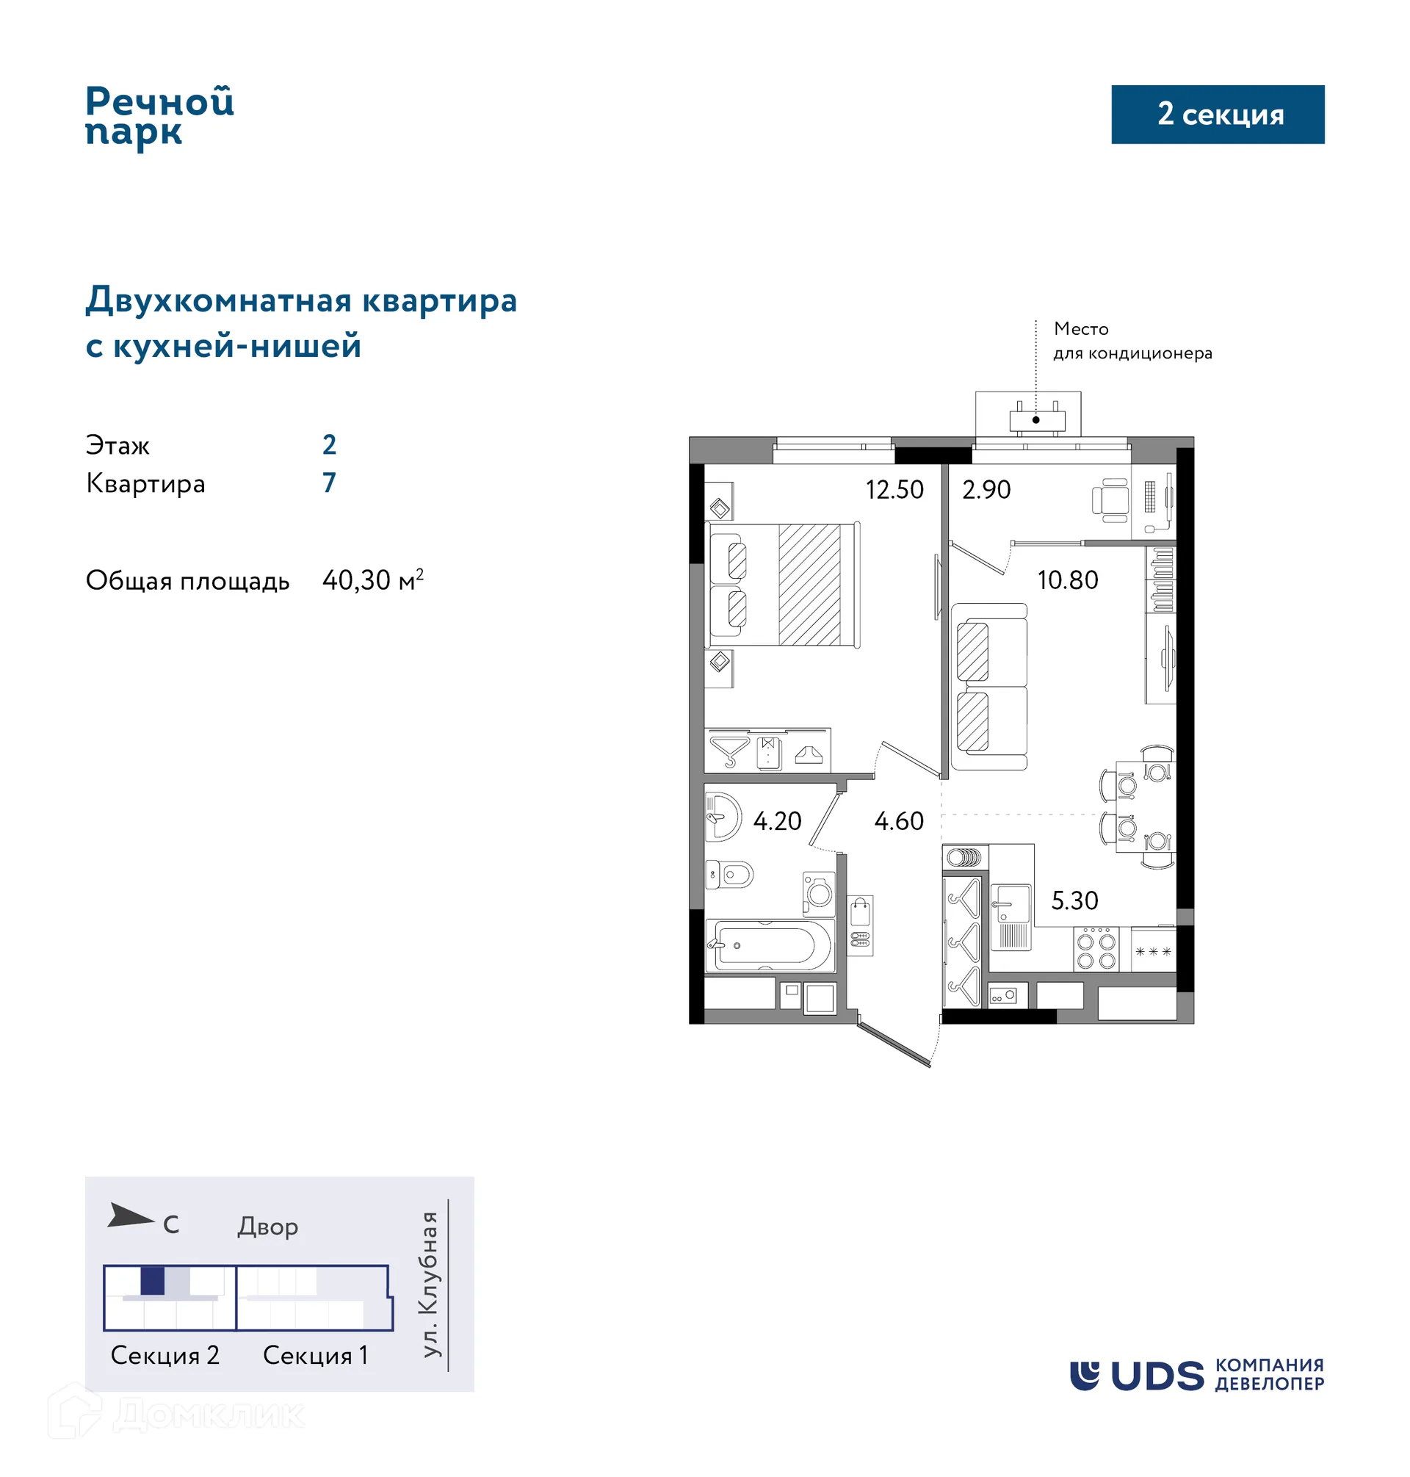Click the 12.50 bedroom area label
pyautogui.click(x=894, y=490)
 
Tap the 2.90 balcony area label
pyautogui.click(x=986, y=490)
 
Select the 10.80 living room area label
pyautogui.click(x=1067, y=580)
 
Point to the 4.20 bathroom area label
pyautogui.click(x=777, y=821)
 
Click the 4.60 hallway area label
pyautogui.click(x=898, y=821)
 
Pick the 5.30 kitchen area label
pyautogui.click(x=1074, y=900)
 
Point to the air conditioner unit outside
pyautogui.click(x=1036, y=419)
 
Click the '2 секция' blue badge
pyautogui.click(x=1218, y=115)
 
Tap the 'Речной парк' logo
pyautogui.click(x=159, y=117)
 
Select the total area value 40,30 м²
pyautogui.click(x=373, y=580)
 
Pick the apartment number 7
pyautogui.click(x=329, y=483)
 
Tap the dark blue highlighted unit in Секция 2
pyautogui.click(x=153, y=1281)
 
